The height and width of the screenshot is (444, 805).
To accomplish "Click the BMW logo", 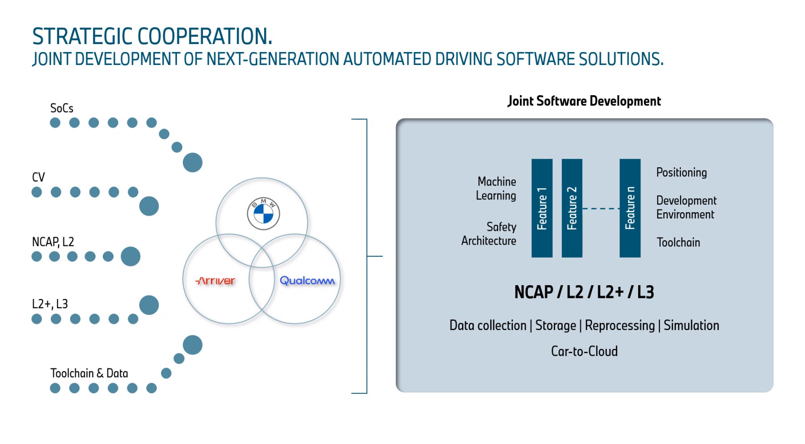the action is pos(263,214).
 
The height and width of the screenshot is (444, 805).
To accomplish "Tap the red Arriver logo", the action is pos(215,281).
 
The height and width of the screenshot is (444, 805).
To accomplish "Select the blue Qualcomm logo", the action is pos(307,281).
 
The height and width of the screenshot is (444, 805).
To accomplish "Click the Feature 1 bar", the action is pos(542,208).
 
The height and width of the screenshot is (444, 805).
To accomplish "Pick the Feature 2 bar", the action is pos(572,208).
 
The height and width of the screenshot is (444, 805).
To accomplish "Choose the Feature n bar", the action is pos(630,208).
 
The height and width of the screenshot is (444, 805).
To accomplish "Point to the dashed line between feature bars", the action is pos(601,208).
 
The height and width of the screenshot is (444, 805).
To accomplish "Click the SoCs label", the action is pos(62,108).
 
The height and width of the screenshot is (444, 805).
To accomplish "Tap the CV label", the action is pos(39,177).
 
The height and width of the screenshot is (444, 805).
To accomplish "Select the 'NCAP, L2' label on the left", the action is pos(53,242).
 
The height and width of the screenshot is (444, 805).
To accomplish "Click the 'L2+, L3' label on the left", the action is pos(50,304).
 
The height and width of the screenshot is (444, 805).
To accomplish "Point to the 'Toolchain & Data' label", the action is pos(89,373).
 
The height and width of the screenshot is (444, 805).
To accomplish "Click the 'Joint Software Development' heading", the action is pos(584,101).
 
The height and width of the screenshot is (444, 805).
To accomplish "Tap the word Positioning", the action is pos(681,173).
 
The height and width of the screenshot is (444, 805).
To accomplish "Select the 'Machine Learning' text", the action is pos(496,189).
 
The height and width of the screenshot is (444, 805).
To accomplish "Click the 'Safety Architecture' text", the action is pos(489,234).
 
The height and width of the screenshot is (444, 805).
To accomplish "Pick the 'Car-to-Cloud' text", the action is pos(584,351).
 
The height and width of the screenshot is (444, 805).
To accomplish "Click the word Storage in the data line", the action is pos(555,326).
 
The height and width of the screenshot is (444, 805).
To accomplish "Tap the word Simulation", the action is pos(691,325).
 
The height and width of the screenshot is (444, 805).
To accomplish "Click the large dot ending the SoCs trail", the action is pos(193,162).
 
